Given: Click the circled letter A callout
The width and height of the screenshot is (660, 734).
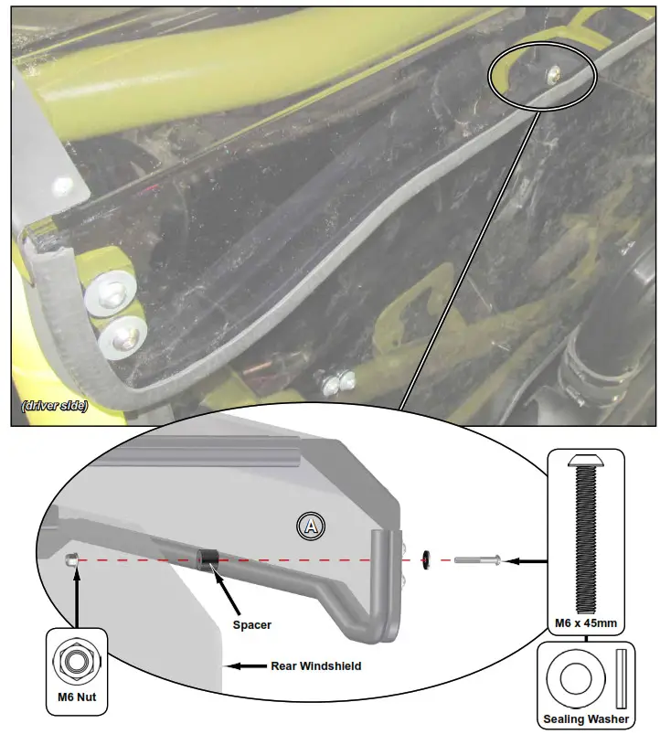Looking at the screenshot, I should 312,525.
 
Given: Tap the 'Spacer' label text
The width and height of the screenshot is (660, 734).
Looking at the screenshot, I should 252,625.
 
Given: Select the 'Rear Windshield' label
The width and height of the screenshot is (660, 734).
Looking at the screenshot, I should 315,666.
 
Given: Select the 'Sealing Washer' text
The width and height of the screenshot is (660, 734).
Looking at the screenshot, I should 586,719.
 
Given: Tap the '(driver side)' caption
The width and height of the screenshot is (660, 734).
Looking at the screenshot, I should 55,406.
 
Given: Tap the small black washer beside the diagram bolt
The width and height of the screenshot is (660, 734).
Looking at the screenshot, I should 428,558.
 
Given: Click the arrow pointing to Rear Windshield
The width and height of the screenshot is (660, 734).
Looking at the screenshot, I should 245,666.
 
